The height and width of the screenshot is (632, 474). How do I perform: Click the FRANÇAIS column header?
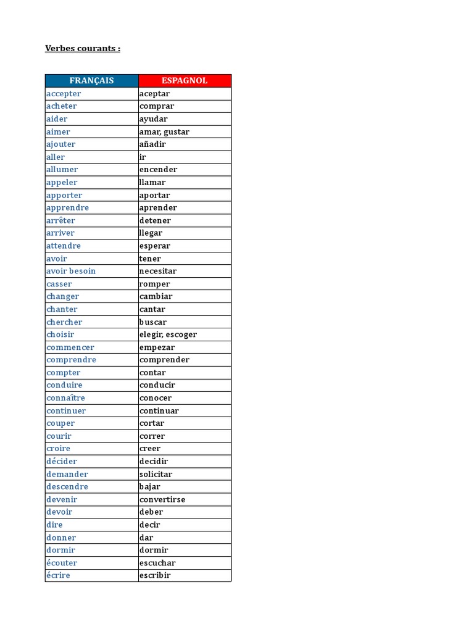pyautogui.click(x=91, y=81)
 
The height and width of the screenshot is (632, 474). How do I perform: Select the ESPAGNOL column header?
pyautogui.click(x=185, y=81)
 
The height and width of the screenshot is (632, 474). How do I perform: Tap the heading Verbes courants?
pyautogui.click(x=83, y=48)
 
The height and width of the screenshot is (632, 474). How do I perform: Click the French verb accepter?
pyautogui.click(x=64, y=94)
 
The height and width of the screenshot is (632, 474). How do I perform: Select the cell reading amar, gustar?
pyautogui.click(x=164, y=131)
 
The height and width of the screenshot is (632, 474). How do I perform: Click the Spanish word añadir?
pyautogui.click(x=152, y=144)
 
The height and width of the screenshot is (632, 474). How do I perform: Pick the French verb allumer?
pyautogui.click(x=62, y=170)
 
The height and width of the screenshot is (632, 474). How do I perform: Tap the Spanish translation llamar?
pyautogui.click(x=152, y=183)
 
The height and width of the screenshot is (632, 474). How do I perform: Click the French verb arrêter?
pyautogui.click(x=60, y=220)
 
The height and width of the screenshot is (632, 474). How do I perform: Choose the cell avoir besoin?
pyautogui.click(x=71, y=271)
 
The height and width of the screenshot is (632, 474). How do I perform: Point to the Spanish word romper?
pyautogui.click(x=154, y=284)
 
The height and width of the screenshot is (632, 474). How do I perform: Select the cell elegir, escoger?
pyautogui.click(x=168, y=335)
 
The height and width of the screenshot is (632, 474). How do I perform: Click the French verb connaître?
pyautogui.click(x=65, y=398)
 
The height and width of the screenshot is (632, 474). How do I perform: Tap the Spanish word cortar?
pyautogui.click(x=152, y=423)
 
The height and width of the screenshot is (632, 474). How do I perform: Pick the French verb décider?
pyautogui.click(x=62, y=461)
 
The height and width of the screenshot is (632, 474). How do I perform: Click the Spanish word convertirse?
pyautogui.click(x=162, y=499)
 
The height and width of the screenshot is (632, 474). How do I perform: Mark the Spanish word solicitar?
pyautogui.click(x=156, y=474)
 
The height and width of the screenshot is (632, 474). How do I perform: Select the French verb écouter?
pyautogui.click(x=62, y=563)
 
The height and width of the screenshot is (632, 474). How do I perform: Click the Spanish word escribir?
pyautogui.click(x=155, y=575)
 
